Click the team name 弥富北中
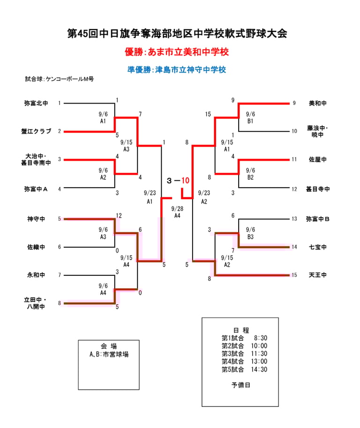click(x=36, y=103)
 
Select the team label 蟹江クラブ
click(x=36, y=132)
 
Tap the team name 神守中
click(x=36, y=219)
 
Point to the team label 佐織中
click(x=36, y=247)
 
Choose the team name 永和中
click(x=36, y=275)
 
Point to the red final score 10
click(x=186, y=180)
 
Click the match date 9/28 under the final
click(x=177, y=209)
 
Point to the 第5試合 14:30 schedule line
click(x=244, y=369)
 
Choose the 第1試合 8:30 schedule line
click(x=244, y=338)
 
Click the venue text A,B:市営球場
click(x=109, y=354)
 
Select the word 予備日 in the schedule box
click(x=241, y=385)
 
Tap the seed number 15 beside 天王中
click(x=294, y=275)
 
